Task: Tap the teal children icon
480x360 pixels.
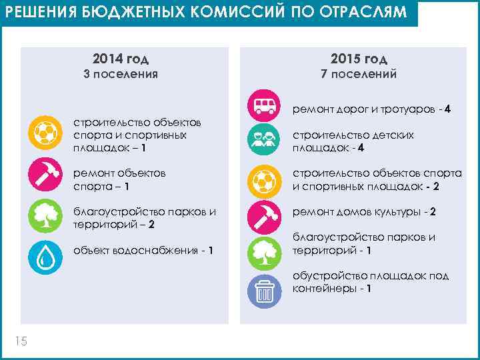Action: (x=264, y=141)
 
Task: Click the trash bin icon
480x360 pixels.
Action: (x=264, y=291)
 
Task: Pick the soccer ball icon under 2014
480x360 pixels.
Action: (x=46, y=131)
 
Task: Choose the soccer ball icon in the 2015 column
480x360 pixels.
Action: (x=264, y=180)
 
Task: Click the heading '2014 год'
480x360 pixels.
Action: (x=121, y=58)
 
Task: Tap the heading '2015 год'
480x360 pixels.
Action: (x=359, y=58)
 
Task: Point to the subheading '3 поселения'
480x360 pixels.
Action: (x=121, y=74)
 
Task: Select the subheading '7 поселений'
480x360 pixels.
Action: (x=359, y=74)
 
